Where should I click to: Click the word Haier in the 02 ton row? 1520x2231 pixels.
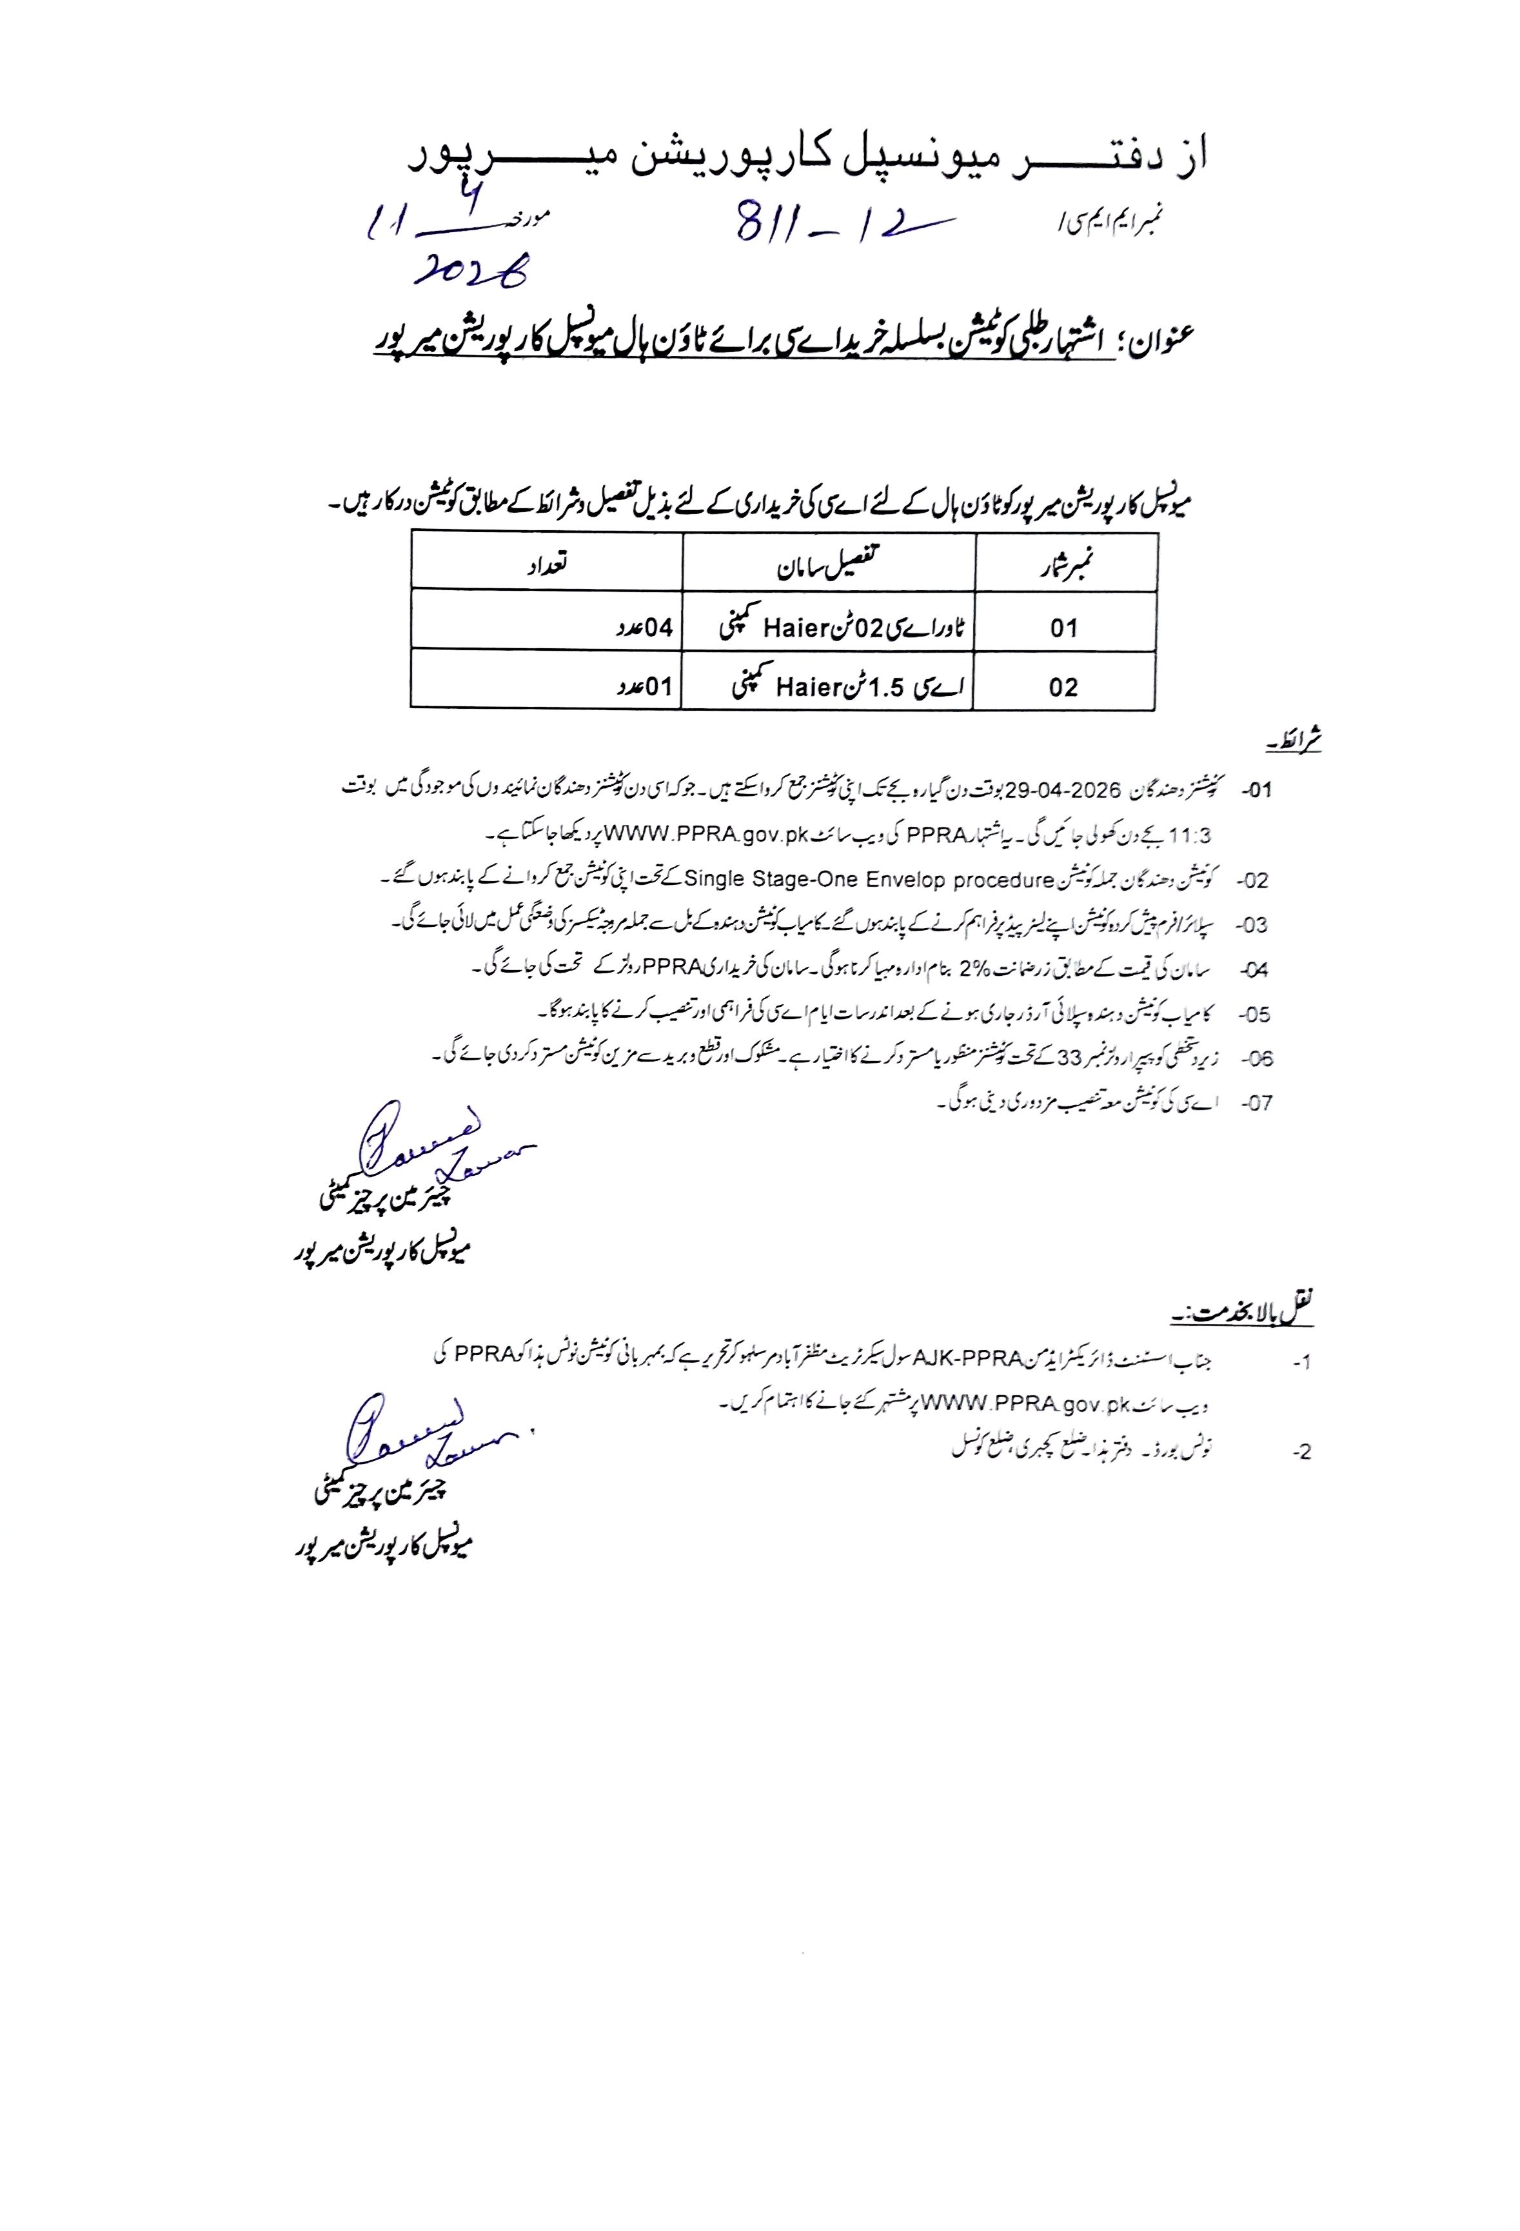pyautogui.click(x=796, y=629)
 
